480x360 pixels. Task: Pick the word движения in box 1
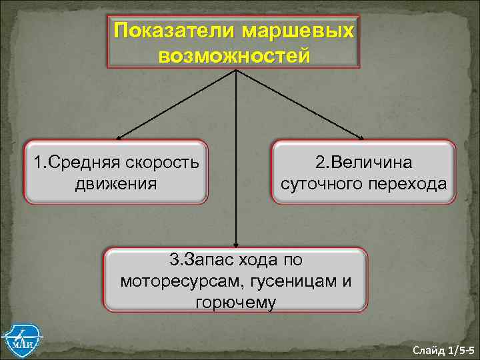(x=116, y=183)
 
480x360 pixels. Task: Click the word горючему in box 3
(x=235, y=302)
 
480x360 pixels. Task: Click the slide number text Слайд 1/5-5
(x=443, y=349)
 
